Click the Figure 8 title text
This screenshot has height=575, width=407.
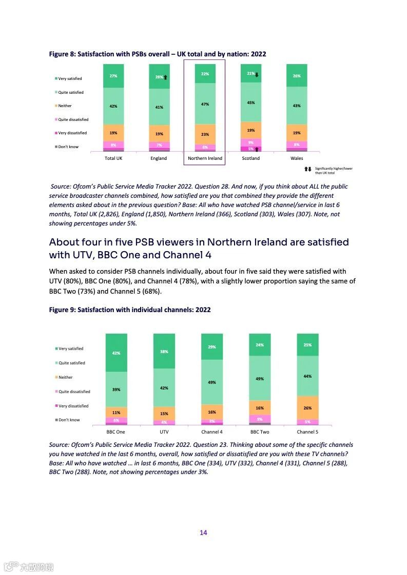click(x=157, y=54)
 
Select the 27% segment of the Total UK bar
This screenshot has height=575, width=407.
click(x=113, y=76)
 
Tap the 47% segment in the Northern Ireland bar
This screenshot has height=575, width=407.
click(x=205, y=104)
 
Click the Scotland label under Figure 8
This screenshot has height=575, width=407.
click(x=250, y=158)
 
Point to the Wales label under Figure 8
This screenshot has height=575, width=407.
click(x=297, y=158)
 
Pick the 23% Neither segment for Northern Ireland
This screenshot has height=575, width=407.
click(x=205, y=134)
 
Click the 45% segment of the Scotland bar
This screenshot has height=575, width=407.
click(x=251, y=102)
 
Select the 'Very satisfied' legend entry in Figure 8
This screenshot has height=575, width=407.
click(x=70, y=79)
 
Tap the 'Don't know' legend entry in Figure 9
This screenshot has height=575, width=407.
click(x=69, y=420)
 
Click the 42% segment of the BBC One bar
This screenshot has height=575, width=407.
click(x=117, y=353)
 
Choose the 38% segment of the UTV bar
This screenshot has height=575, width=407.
click(x=164, y=351)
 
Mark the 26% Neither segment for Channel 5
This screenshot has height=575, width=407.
click(x=307, y=408)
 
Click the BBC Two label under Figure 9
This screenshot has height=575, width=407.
click(x=260, y=432)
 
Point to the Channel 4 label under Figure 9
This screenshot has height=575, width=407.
click(x=212, y=432)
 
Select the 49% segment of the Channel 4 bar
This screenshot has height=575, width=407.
click(x=212, y=382)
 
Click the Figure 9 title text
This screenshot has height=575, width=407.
click(x=130, y=310)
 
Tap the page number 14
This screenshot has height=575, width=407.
click(x=203, y=532)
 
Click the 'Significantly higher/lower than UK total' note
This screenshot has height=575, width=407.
click(x=333, y=170)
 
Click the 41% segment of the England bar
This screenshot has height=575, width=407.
click(x=159, y=107)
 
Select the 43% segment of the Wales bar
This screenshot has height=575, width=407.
click(x=297, y=106)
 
